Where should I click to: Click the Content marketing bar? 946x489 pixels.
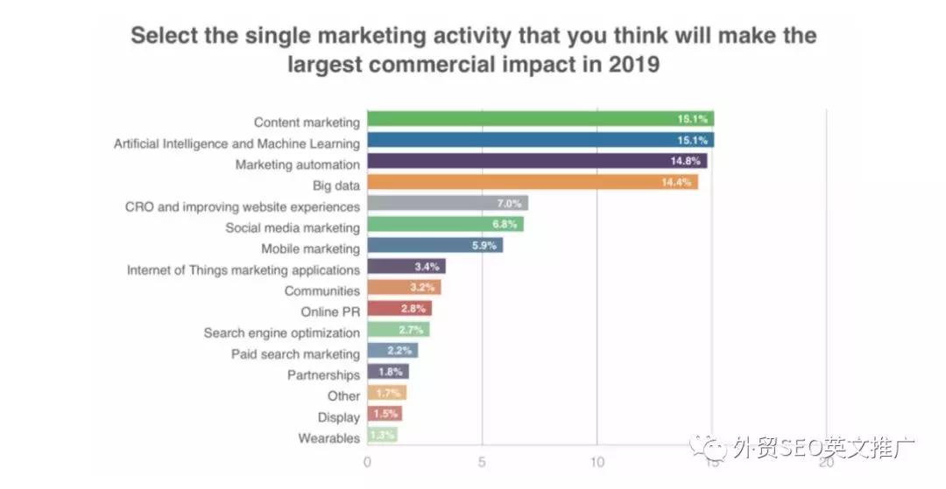tap(540, 120)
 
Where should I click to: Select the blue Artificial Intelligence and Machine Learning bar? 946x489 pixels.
tap(540, 141)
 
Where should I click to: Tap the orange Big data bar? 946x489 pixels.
tap(533, 183)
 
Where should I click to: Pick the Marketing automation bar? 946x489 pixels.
tap(537, 162)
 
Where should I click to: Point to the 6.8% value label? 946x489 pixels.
tap(505, 226)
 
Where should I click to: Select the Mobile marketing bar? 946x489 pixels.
tap(435, 247)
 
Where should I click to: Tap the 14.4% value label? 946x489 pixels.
tap(677, 183)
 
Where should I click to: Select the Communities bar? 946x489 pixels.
tap(404, 289)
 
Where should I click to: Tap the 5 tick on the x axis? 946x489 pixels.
tap(482, 463)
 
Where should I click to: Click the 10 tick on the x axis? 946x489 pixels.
tap(597, 463)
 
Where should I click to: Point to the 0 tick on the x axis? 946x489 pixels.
tap(367, 463)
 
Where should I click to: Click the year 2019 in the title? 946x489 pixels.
tap(626, 65)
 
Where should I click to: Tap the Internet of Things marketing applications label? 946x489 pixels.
tap(244, 269)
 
